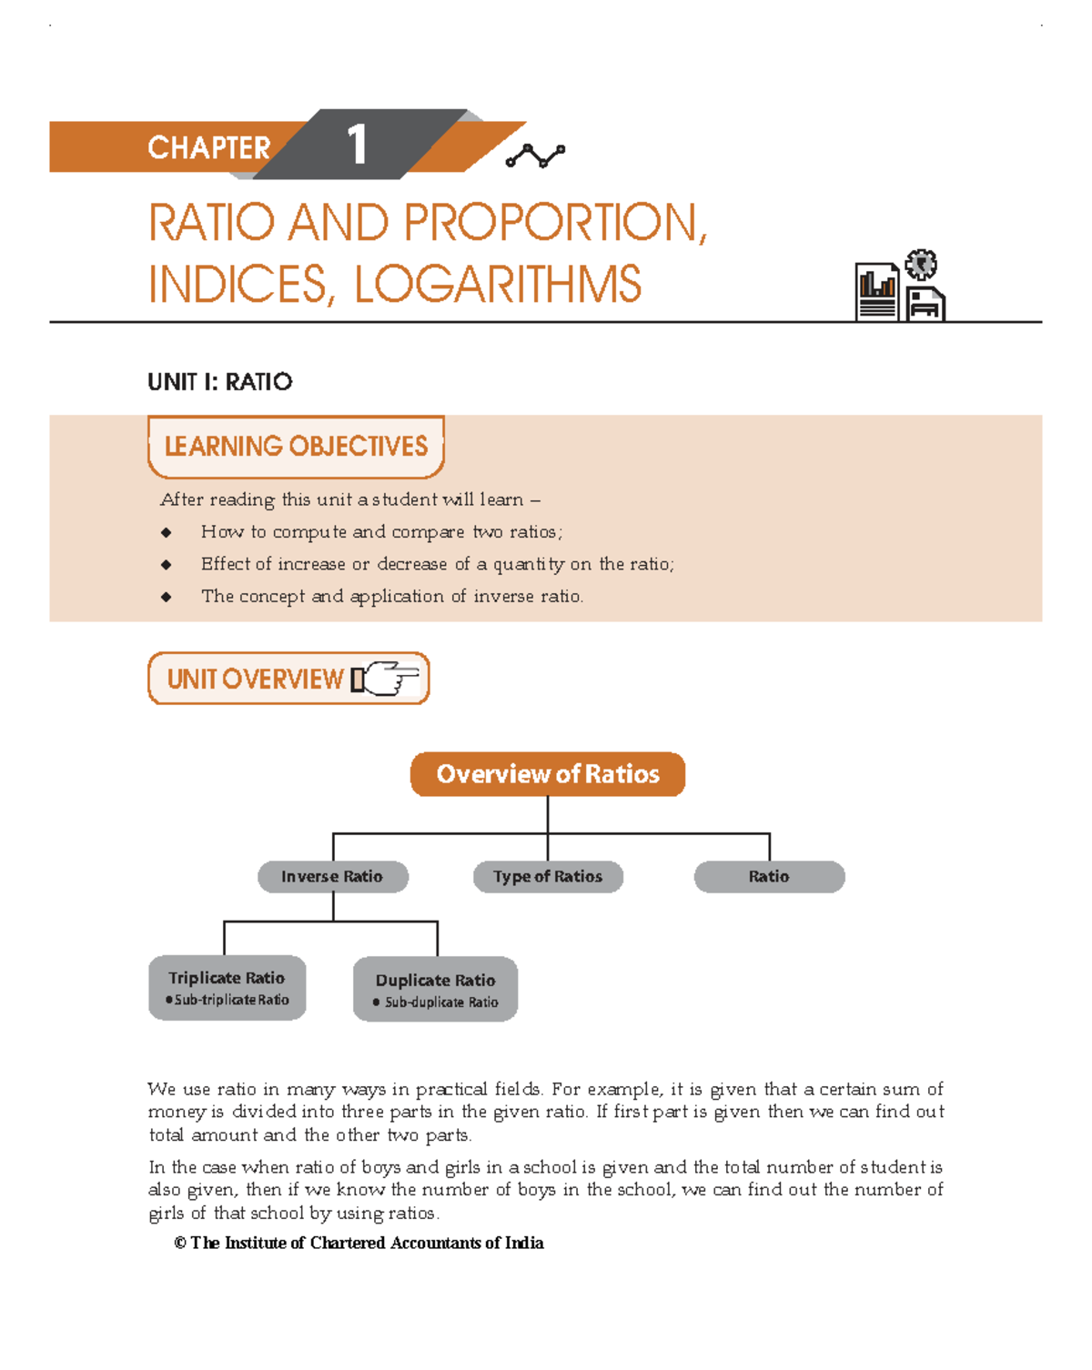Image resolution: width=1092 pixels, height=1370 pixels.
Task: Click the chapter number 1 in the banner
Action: pos(357,146)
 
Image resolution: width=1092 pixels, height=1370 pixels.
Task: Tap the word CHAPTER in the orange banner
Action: pos(208,147)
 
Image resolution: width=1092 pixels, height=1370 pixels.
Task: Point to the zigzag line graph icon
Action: pos(535,156)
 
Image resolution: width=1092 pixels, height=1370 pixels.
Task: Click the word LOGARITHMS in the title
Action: pos(497,285)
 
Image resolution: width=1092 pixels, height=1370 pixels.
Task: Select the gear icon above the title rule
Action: pos(921,265)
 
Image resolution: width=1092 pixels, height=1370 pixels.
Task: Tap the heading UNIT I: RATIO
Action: pos(220,382)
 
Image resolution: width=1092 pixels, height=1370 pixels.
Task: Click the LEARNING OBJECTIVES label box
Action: pos(296,447)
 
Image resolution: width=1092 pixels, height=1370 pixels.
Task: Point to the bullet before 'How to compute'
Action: pos(166,532)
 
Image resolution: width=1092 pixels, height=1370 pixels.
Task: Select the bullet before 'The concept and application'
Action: pos(166,597)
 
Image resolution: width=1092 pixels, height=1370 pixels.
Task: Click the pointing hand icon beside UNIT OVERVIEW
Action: pos(386,679)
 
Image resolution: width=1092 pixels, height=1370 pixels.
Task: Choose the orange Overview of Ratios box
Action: pos(548,774)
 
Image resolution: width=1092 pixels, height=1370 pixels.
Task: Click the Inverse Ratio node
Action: pos(332,877)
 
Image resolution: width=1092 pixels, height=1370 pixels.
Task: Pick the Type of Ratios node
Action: pos(548,877)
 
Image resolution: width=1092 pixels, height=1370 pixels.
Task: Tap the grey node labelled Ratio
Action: pos(769,877)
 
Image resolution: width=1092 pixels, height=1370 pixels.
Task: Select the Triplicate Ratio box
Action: pos(227,987)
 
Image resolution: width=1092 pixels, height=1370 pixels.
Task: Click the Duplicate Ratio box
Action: pos(435,989)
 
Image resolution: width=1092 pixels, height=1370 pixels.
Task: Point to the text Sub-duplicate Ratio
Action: pos(441,1002)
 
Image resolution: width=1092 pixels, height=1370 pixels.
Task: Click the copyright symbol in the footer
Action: pos(180,1244)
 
